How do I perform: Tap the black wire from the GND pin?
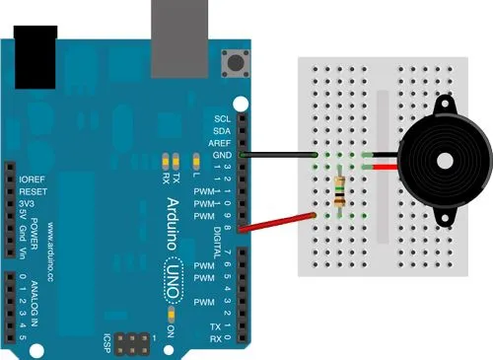(281, 155)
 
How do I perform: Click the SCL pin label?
(222, 117)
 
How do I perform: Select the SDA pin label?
(222, 130)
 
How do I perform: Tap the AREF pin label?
(221, 143)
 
